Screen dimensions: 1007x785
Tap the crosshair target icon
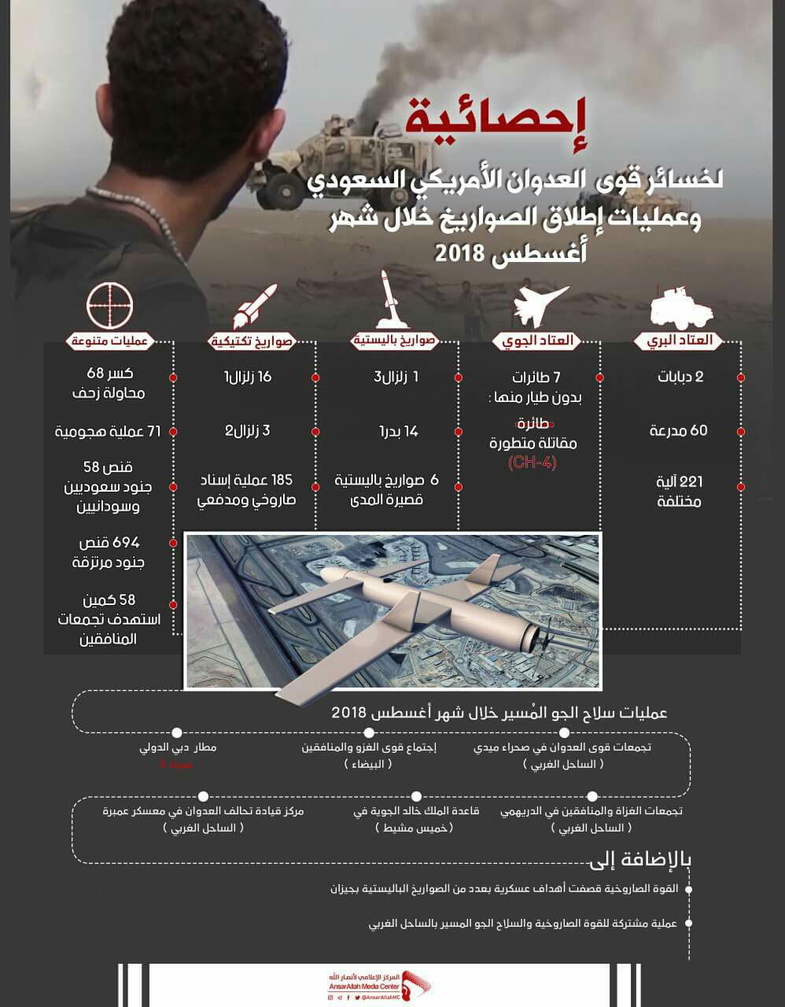point(109,306)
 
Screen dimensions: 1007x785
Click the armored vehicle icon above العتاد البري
point(681,308)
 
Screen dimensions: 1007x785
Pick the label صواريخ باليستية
point(393,341)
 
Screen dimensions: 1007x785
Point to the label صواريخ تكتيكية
point(251,341)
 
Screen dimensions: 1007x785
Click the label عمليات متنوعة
point(109,341)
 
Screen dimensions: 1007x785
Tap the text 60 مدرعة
point(678,430)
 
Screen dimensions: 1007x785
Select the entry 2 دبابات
point(680,377)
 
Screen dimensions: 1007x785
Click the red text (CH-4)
point(533,463)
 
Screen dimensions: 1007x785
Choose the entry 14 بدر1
point(399,431)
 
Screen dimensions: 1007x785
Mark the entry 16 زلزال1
point(248,377)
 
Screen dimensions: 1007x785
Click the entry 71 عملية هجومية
point(108,431)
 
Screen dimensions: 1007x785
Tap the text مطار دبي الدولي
point(177,747)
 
